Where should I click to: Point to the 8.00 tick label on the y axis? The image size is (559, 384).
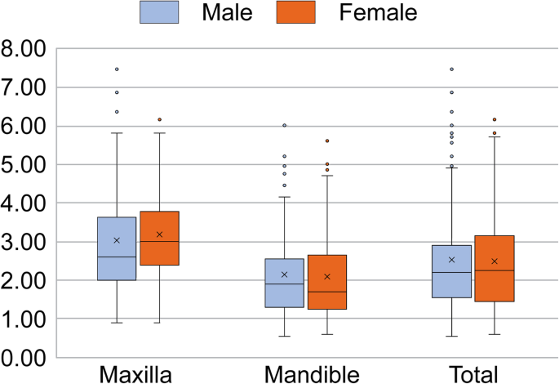pyautogui.click(x=25, y=49)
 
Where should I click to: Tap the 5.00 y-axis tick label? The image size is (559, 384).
pyautogui.click(x=25, y=165)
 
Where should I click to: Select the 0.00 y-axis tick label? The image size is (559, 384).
pyautogui.click(x=25, y=358)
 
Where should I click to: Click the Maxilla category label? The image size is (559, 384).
pyautogui.click(x=135, y=375)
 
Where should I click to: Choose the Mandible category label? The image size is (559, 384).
pyautogui.click(x=312, y=375)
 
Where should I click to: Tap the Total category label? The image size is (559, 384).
pyautogui.click(x=474, y=375)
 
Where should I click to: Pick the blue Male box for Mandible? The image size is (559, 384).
pyautogui.click(x=284, y=283)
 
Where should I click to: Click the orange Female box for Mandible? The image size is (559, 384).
pyautogui.click(x=327, y=282)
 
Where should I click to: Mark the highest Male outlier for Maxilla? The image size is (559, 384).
pyautogui.click(x=117, y=69)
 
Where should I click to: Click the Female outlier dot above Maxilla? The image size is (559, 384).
pyautogui.click(x=160, y=120)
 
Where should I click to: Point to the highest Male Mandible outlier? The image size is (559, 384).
pyautogui.click(x=284, y=126)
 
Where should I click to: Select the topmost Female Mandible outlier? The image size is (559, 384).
pyautogui.click(x=327, y=141)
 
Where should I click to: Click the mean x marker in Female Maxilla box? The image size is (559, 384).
pyautogui.click(x=160, y=234)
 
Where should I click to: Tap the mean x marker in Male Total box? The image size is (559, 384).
pyautogui.click(x=451, y=260)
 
